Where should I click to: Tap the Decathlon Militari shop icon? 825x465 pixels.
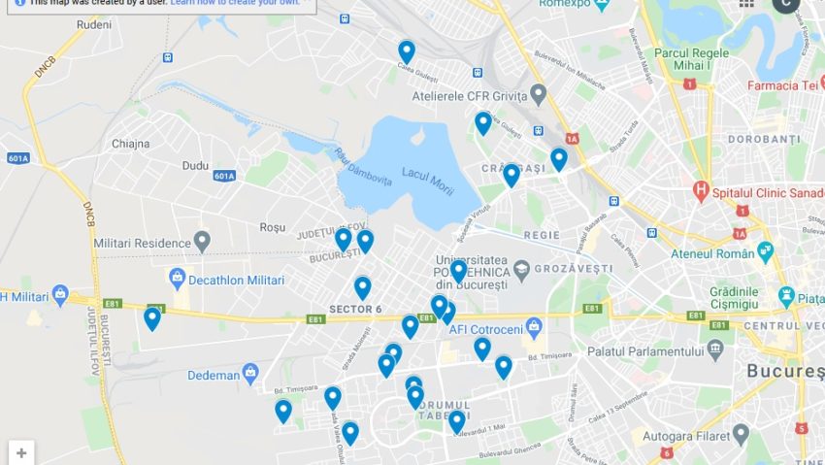[x=178, y=280]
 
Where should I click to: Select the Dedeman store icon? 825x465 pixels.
[x=250, y=372]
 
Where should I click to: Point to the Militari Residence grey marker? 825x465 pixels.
[x=202, y=241]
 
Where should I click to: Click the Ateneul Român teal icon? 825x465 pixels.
[x=766, y=250]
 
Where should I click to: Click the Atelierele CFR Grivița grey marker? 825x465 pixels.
[x=539, y=94]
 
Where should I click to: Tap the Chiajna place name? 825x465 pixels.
[x=131, y=143]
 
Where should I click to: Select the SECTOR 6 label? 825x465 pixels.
[x=355, y=309]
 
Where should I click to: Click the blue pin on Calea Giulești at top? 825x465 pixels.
[x=407, y=50]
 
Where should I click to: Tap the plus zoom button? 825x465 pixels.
[x=21, y=452]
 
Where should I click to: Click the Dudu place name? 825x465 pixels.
[x=195, y=166]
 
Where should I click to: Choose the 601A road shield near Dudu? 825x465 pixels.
[x=224, y=176]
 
